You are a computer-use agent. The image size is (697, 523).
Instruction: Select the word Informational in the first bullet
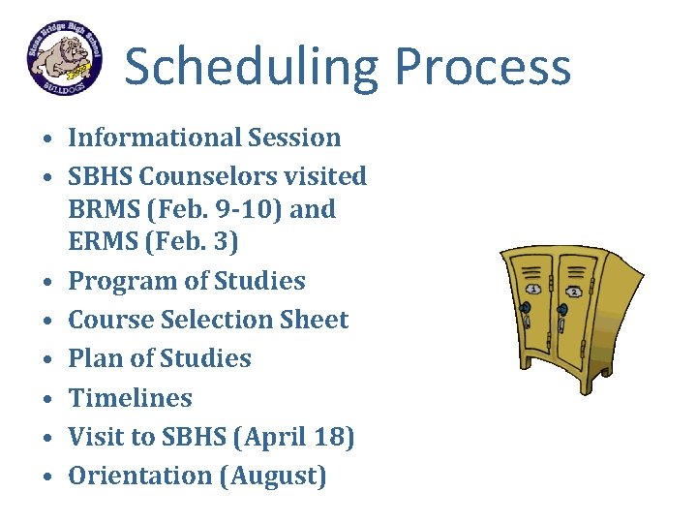pyautogui.click(x=154, y=138)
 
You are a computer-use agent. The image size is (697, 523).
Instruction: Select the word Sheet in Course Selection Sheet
pyautogui.click(x=312, y=320)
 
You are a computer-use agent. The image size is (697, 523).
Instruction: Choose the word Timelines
pyautogui.click(x=130, y=398)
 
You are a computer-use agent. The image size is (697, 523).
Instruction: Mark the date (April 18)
pyautogui.click(x=294, y=438)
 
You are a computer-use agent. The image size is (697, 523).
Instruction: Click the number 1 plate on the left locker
pyautogui.click(x=531, y=288)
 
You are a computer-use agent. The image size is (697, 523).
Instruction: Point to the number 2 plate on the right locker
pyautogui.click(x=573, y=291)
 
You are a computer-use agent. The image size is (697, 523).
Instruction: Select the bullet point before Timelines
pyautogui.click(x=46, y=399)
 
